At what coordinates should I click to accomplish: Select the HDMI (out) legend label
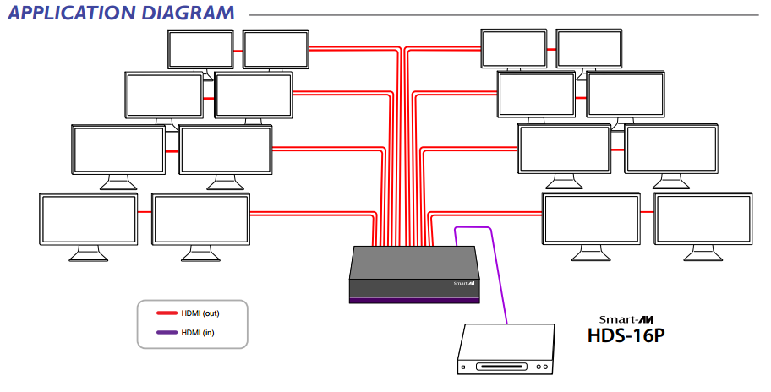coord(200,313)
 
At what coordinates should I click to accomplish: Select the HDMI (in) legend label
coord(198,333)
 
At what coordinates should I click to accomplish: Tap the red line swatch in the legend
coord(166,313)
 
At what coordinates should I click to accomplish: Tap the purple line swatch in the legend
coord(166,333)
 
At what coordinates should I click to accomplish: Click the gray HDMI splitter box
coord(414,270)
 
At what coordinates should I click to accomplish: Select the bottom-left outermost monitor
coord(89,219)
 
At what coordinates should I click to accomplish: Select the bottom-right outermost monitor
coord(703,219)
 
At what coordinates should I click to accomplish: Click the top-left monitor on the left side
coord(200,49)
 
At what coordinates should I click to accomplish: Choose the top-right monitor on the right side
coord(589,49)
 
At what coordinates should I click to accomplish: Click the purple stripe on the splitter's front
coord(414,300)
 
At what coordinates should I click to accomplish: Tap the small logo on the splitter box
coord(464,284)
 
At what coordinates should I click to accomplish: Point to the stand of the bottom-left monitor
coord(88,254)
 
